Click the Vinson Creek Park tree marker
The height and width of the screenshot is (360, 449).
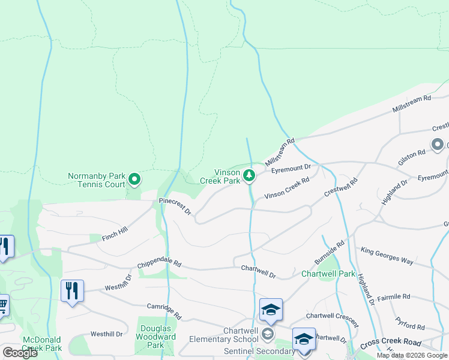coord(250,176)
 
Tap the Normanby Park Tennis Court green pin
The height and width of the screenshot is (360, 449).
coord(135,178)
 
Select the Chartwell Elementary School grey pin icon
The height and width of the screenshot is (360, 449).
coord(268,334)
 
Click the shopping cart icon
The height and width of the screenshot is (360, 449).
coord(3,306)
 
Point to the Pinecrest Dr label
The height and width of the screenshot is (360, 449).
coord(175,207)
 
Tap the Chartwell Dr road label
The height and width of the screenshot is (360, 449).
coord(258,272)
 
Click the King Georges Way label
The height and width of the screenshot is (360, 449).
coord(387,254)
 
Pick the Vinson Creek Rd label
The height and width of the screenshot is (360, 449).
coord(287,188)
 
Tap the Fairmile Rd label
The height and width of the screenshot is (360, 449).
coord(393,297)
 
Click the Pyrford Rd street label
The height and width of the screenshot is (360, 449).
coord(411,324)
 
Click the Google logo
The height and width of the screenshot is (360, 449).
coord(20,353)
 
